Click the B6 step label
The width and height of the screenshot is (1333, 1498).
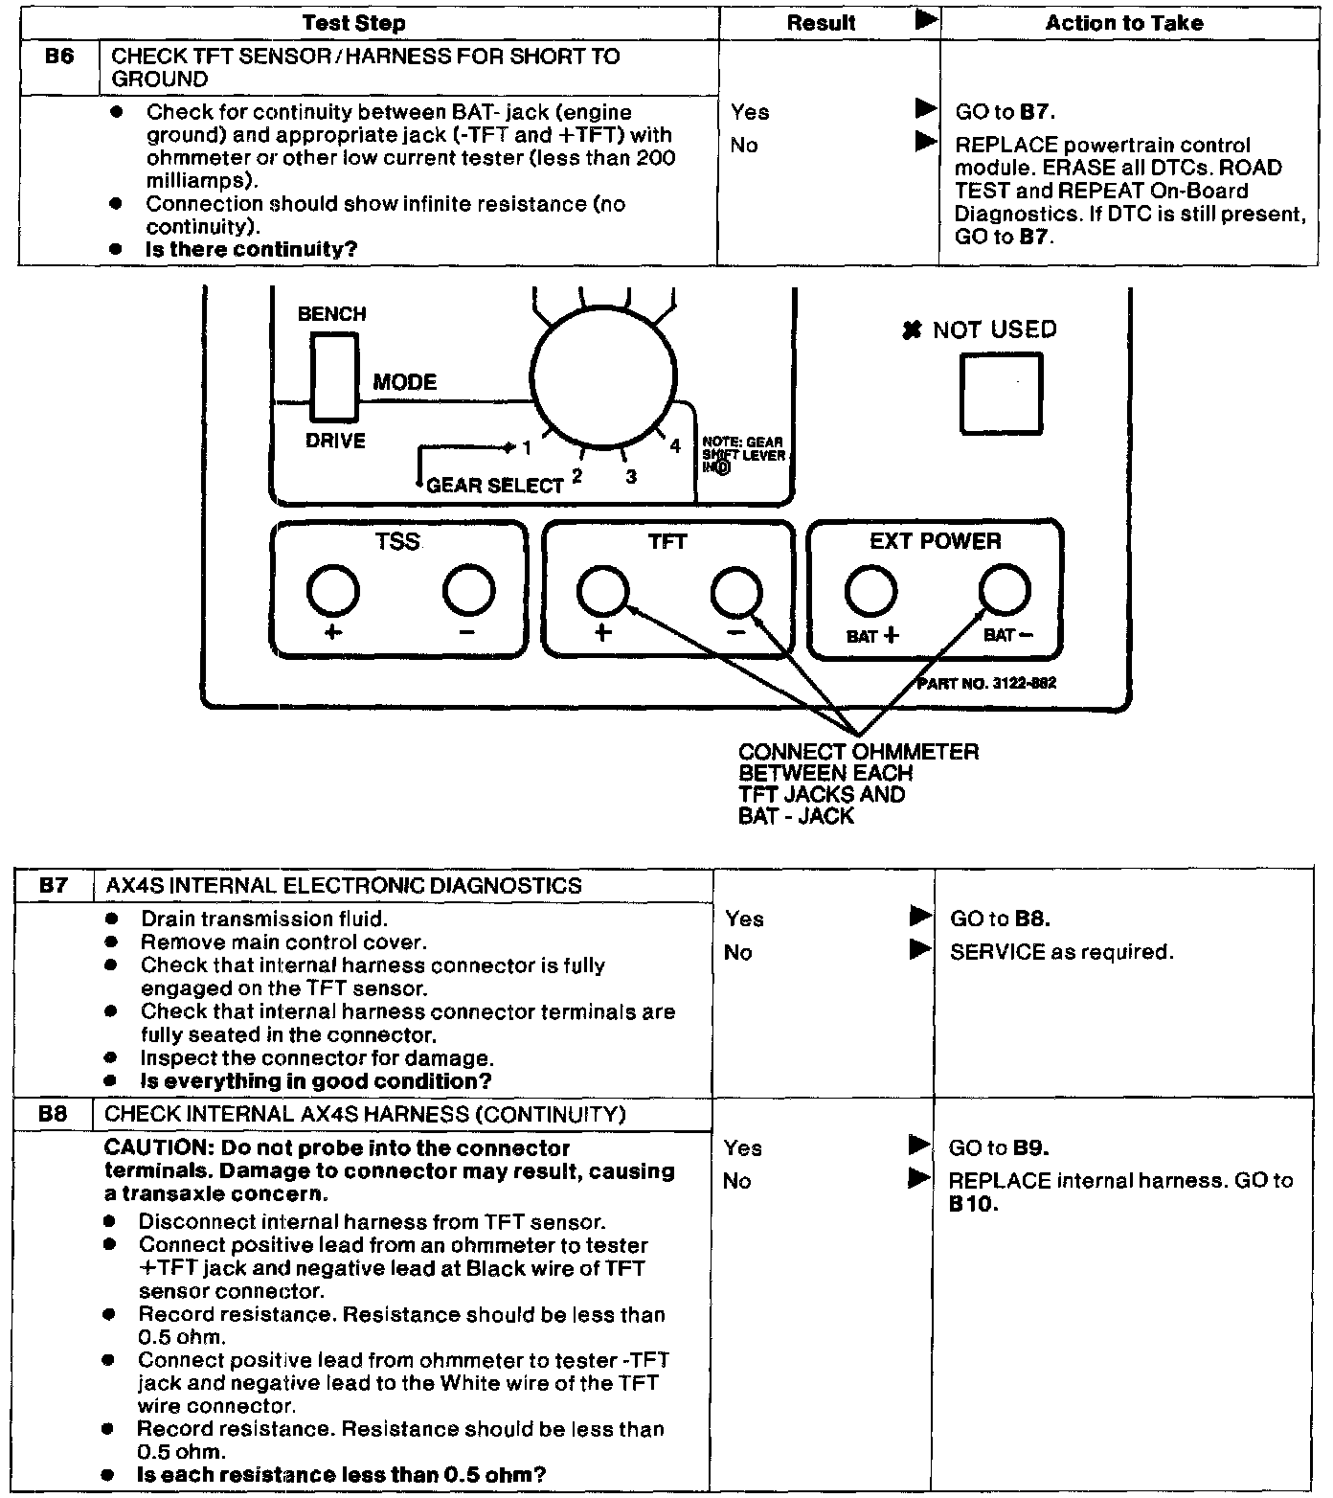[58, 57]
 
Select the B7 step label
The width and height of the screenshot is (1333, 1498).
[54, 885]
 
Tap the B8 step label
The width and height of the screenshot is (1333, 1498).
[53, 1114]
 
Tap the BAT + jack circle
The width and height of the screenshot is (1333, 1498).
[870, 590]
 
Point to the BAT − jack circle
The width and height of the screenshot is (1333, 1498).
[1005, 590]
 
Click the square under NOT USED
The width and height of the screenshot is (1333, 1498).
[1001, 393]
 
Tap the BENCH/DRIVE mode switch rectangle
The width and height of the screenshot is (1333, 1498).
[334, 377]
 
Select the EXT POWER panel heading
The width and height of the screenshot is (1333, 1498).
[935, 541]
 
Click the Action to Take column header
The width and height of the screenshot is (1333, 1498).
[1123, 23]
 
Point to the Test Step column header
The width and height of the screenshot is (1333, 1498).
[353, 23]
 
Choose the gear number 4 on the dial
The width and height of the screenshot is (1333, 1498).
[675, 446]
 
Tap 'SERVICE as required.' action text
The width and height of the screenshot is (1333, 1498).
[1061, 952]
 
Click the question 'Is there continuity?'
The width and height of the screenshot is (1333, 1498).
[251, 249]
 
